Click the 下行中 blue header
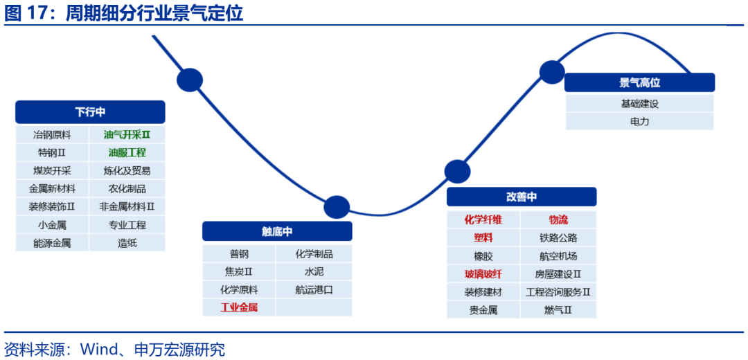coord(90,112)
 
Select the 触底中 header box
coord(277,232)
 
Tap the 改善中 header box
coord(521,197)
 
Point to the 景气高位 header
coord(639,83)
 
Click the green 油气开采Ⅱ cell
coord(127,135)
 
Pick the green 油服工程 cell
coord(127,152)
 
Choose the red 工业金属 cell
coord(239,307)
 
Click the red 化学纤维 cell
coord(483,219)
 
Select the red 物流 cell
coord(558,219)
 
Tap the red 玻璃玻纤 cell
coord(483,273)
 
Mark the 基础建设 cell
coord(639,104)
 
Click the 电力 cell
coord(639,121)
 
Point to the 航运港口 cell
coord(314,289)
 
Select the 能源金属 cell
coord(52,243)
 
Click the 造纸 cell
coord(127,243)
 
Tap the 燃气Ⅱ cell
coord(558,309)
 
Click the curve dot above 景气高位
coord(552,72)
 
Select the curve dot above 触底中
coord(337,207)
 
